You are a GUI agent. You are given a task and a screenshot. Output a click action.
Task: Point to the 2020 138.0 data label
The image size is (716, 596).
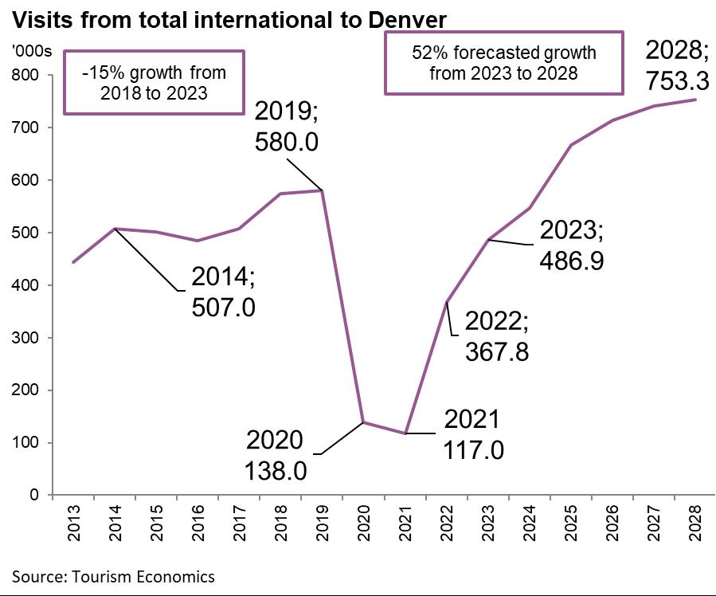275,456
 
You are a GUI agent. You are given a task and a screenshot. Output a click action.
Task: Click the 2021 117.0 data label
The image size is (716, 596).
472,434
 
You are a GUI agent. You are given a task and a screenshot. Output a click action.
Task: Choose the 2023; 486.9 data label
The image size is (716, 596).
572,245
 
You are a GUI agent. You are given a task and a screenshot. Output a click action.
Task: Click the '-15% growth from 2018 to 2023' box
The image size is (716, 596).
155,82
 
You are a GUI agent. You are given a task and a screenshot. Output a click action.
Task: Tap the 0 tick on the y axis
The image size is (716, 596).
36,496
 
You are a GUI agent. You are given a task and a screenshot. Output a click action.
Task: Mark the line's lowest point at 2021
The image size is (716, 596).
406,433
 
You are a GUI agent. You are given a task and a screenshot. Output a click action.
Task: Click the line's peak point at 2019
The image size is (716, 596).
321,190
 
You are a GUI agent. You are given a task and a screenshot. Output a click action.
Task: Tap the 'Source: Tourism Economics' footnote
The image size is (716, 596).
113,575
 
